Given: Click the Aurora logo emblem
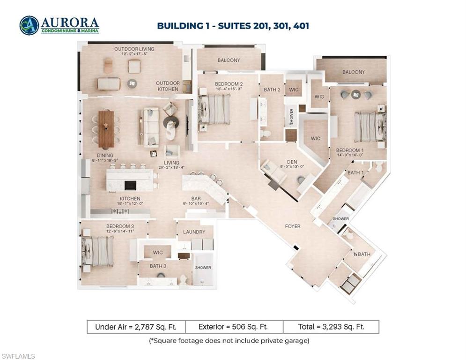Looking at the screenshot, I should pyautogui.click(x=29, y=25).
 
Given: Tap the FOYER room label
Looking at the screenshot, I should pyautogui.click(x=293, y=226).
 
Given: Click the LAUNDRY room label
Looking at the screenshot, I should pyautogui.click(x=194, y=232).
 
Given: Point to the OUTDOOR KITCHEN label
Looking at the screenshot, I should pyautogui.click(x=167, y=86).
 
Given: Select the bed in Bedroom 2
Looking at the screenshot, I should pyautogui.click(x=215, y=109).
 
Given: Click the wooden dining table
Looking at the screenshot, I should pyautogui.click(x=106, y=128).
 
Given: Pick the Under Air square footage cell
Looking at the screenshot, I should pyautogui.click(x=136, y=327).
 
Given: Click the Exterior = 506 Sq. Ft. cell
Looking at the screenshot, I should pyautogui.click(x=234, y=327).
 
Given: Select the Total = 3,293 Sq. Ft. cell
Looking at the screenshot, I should pyautogui.click(x=331, y=327).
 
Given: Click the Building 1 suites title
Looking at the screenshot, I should pyautogui.click(x=233, y=26).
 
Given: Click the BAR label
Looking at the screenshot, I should pyautogui.click(x=196, y=199).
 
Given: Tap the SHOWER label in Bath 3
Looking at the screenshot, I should pyautogui.click(x=203, y=268).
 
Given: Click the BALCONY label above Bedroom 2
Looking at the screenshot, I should pyautogui.click(x=229, y=60).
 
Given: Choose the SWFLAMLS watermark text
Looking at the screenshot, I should pyautogui.click(x=18, y=357).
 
